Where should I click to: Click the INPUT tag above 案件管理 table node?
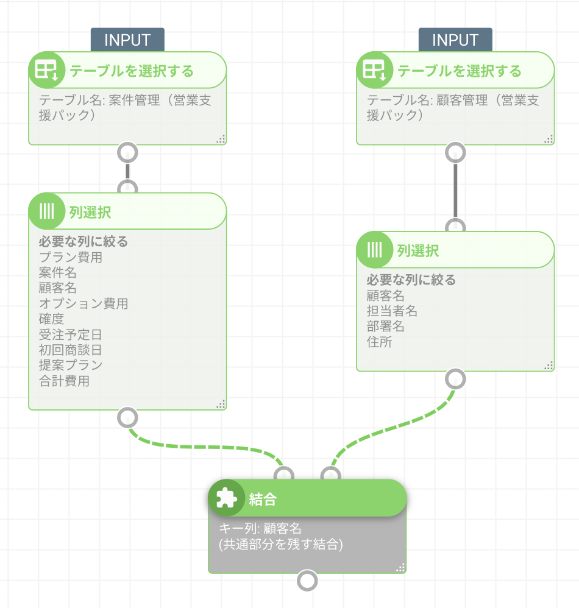click(x=127, y=40)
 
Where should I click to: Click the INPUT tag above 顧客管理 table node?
click(x=455, y=40)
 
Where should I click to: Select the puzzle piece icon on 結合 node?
click(x=226, y=499)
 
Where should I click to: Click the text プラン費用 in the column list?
click(x=71, y=257)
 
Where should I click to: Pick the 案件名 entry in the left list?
click(x=58, y=272)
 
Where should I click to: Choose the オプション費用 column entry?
click(x=83, y=303)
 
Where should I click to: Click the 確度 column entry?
click(x=51, y=319)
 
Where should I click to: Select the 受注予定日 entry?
click(x=71, y=334)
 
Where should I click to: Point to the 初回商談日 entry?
click(x=71, y=350)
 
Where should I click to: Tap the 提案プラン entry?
click(x=71, y=366)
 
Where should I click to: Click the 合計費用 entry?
click(x=64, y=381)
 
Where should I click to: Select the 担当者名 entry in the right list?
click(x=392, y=311)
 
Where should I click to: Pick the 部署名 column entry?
click(x=386, y=327)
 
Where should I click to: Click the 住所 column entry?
click(x=379, y=342)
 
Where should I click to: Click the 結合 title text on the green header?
click(x=263, y=500)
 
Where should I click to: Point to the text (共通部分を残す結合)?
click(x=281, y=545)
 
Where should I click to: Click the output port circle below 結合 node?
click(x=308, y=581)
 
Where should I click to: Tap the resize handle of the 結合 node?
click(x=400, y=568)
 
